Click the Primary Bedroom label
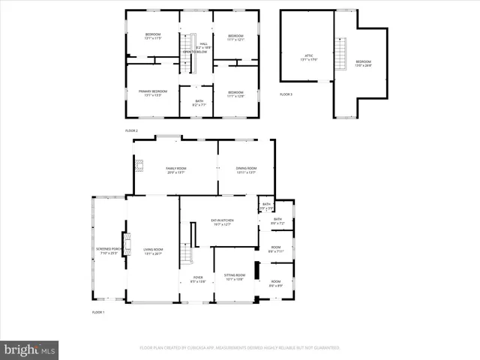tap(152, 92)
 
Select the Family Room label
tap(175, 169)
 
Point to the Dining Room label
tap(246, 169)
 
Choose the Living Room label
tap(153, 250)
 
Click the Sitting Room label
tap(235, 277)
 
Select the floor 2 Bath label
tap(199, 102)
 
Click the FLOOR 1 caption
tap(97, 312)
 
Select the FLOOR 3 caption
tap(286, 94)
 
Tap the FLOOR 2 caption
tap(131, 130)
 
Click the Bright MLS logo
tap(30, 349)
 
